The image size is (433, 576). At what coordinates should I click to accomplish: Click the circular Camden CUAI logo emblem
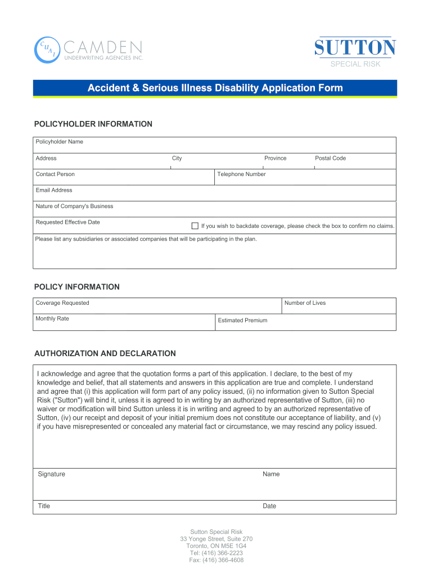pyautogui.click(x=47, y=50)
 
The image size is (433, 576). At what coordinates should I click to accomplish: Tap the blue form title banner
pyautogui.click(x=215, y=88)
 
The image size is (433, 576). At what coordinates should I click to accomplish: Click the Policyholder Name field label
pyautogui.click(x=59, y=142)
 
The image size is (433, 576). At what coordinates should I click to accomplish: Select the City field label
pyautogui.click(x=177, y=158)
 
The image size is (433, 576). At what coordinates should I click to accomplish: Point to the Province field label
pyautogui.click(x=275, y=158)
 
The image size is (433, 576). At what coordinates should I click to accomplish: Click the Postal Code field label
pyautogui.click(x=330, y=158)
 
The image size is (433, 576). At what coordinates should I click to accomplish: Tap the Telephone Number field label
pyautogui.click(x=241, y=174)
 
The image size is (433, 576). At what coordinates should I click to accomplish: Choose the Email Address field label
pyautogui.click(x=54, y=190)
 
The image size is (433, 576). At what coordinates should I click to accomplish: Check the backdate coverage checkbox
pyautogui.click(x=195, y=226)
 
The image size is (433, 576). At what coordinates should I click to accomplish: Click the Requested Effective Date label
pyautogui.click(x=67, y=222)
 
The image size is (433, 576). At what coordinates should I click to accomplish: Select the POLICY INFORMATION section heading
pyautogui.click(x=77, y=287)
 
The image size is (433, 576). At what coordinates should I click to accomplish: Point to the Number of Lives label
pyautogui.click(x=305, y=303)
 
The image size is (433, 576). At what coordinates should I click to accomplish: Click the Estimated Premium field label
pyautogui.click(x=242, y=321)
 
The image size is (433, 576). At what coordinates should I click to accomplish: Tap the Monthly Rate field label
pyautogui.click(x=52, y=318)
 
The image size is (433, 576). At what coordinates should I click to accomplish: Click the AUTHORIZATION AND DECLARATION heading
pyautogui.click(x=105, y=354)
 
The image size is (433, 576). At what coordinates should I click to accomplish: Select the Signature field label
pyautogui.click(x=51, y=474)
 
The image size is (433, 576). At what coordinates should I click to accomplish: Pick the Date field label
pyautogui.click(x=269, y=506)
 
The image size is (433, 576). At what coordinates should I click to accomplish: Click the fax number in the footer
pyautogui.click(x=216, y=560)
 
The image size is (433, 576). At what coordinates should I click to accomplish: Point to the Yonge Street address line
pyautogui.click(x=216, y=539)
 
